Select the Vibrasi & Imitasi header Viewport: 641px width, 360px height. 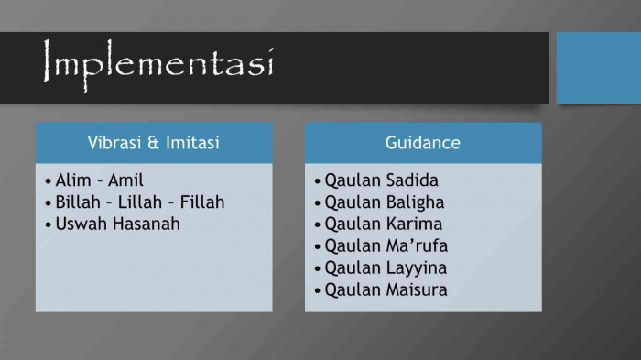tap(154, 143)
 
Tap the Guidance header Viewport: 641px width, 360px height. tap(423, 143)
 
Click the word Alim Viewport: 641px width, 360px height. tap(73, 180)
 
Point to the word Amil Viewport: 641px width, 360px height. tap(125, 180)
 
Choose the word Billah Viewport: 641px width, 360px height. tap(78, 202)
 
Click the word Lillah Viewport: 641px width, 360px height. tap(142, 202)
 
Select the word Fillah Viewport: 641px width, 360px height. tap(203, 202)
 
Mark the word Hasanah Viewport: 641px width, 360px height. tap(147, 224)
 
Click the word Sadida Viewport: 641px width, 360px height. tap(413, 180)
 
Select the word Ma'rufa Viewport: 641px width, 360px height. tap(417, 245)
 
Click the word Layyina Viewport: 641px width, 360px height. tap(417, 267)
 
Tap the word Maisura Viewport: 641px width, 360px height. tap(417, 289)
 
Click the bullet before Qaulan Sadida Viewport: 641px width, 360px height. tap(317, 181)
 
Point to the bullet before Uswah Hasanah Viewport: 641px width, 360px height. tap(48, 224)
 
